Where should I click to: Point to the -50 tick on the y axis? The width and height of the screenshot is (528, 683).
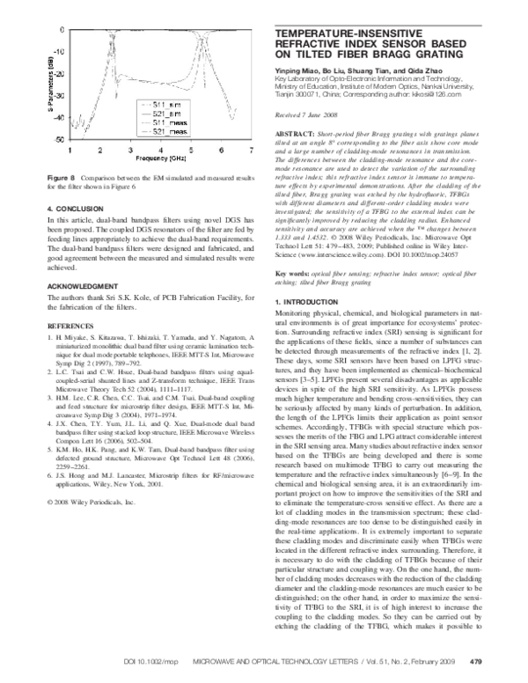59,140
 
